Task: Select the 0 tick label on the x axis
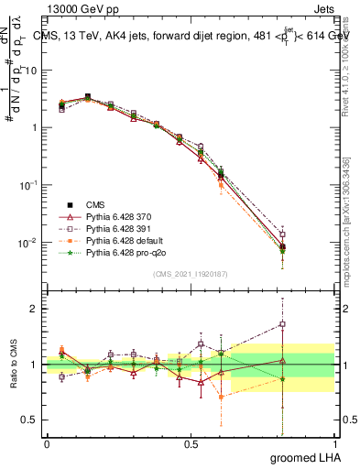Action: [47, 442]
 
